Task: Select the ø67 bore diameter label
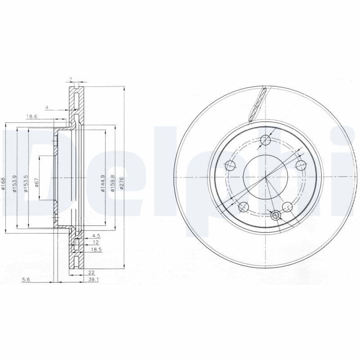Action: pos(37,183)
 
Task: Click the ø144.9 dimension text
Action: pos(103,183)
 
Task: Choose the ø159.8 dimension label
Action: pos(112,183)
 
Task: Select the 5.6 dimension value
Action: pos(26,279)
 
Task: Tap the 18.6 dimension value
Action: pos(31,117)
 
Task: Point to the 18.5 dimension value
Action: pos(96,249)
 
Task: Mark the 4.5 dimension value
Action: pos(96,235)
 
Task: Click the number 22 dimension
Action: pos(91,273)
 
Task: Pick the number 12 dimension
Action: pos(95,242)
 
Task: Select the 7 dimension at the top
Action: pos(71,80)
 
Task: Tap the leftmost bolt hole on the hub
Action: pos(230,165)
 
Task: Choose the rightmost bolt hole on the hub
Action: pos(301,165)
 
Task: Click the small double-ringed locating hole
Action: pos(276,216)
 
